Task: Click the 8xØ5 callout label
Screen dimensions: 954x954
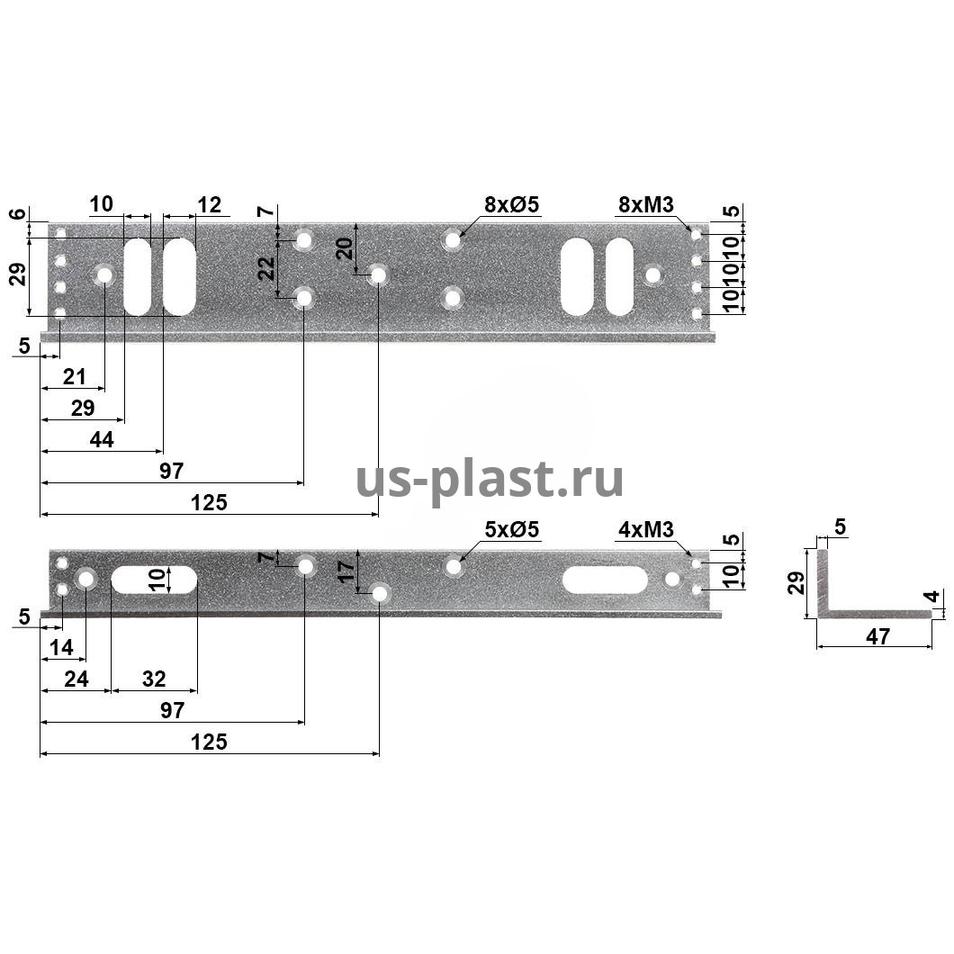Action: click(x=511, y=205)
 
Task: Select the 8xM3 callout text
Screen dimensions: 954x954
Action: click(x=645, y=205)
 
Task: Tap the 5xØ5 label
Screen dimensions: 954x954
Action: click(x=511, y=529)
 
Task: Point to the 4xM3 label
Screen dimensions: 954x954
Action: click(x=645, y=529)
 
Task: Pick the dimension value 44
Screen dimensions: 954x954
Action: click(x=102, y=440)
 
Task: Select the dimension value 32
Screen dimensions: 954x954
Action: click(x=154, y=679)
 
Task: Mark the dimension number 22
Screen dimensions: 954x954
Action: click(x=267, y=268)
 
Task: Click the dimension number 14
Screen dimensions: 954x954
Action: click(x=62, y=647)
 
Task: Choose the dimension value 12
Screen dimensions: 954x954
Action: click(x=209, y=204)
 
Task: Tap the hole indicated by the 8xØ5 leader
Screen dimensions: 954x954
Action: click(x=453, y=240)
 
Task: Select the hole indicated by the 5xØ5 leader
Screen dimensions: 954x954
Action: click(x=454, y=567)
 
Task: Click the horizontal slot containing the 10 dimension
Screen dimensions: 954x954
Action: click(x=155, y=580)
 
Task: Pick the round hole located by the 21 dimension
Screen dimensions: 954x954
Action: click(x=104, y=274)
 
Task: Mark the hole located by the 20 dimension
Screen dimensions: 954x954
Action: click(x=377, y=274)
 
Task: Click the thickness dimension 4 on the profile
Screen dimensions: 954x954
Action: click(x=933, y=596)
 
